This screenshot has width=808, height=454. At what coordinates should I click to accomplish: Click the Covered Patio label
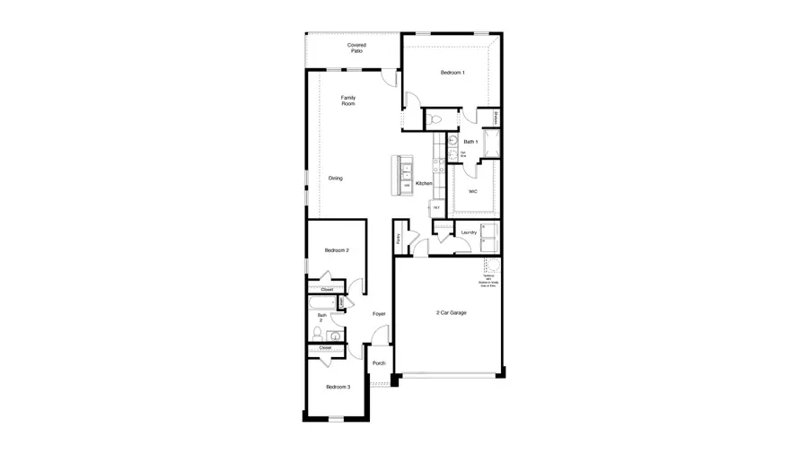(x=356, y=48)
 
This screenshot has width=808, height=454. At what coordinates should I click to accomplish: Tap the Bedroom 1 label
(x=452, y=72)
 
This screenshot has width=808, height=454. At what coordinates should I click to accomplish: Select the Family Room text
(x=347, y=100)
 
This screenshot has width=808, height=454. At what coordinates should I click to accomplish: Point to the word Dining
(x=335, y=178)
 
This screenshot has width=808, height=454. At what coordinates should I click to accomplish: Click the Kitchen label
(x=424, y=183)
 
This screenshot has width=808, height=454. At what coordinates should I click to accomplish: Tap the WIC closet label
(x=472, y=191)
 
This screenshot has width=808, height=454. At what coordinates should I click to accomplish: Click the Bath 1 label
(x=470, y=141)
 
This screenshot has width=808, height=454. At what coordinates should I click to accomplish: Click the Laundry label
(x=468, y=232)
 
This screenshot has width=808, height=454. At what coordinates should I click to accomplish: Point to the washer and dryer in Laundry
(x=489, y=238)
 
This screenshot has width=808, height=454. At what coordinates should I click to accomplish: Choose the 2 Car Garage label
(x=452, y=312)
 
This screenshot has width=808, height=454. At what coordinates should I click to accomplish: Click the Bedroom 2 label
(x=337, y=249)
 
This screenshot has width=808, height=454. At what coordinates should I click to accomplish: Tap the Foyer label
(x=379, y=313)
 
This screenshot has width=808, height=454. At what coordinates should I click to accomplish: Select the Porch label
(x=379, y=362)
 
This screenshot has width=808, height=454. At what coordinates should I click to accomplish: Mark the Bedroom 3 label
(x=338, y=386)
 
